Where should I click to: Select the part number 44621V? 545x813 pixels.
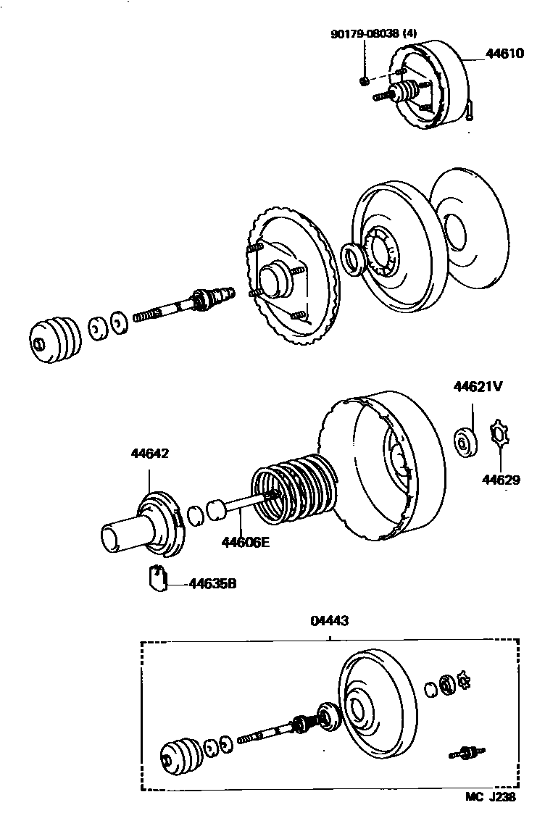(x=478, y=387)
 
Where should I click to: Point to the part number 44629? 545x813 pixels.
(x=502, y=480)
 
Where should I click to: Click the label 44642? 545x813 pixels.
(x=149, y=454)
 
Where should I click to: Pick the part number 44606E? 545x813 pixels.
(x=245, y=541)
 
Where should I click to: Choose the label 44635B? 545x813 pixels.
(x=212, y=583)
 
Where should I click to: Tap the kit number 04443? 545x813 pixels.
(x=330, y=620)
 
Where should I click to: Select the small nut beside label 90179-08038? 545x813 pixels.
(x=365, y=79)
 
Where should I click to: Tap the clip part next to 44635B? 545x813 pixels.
(x=157, y=578)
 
